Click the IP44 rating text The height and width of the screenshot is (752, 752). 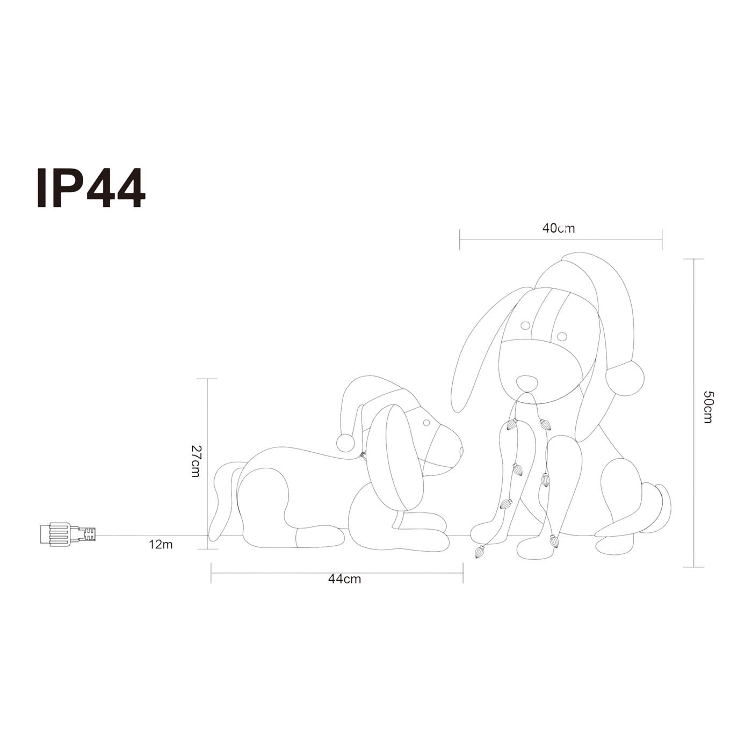91,188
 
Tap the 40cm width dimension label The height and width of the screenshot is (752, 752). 559,228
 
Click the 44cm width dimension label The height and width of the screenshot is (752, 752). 345,579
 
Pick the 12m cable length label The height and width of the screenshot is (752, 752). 161,544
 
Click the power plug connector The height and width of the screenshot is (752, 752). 68,534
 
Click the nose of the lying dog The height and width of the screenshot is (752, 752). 461,451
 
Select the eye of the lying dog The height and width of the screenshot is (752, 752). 426,423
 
